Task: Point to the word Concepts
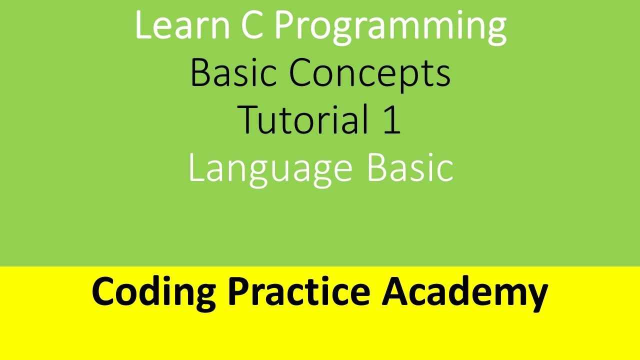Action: [x=370, y=74]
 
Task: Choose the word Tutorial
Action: [x=299, y=120]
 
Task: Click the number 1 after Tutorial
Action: [x=391, y=120]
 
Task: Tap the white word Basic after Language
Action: [x=410, y=167]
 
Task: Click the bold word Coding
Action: [x=154, y=292]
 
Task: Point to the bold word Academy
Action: [x=465, y=292]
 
